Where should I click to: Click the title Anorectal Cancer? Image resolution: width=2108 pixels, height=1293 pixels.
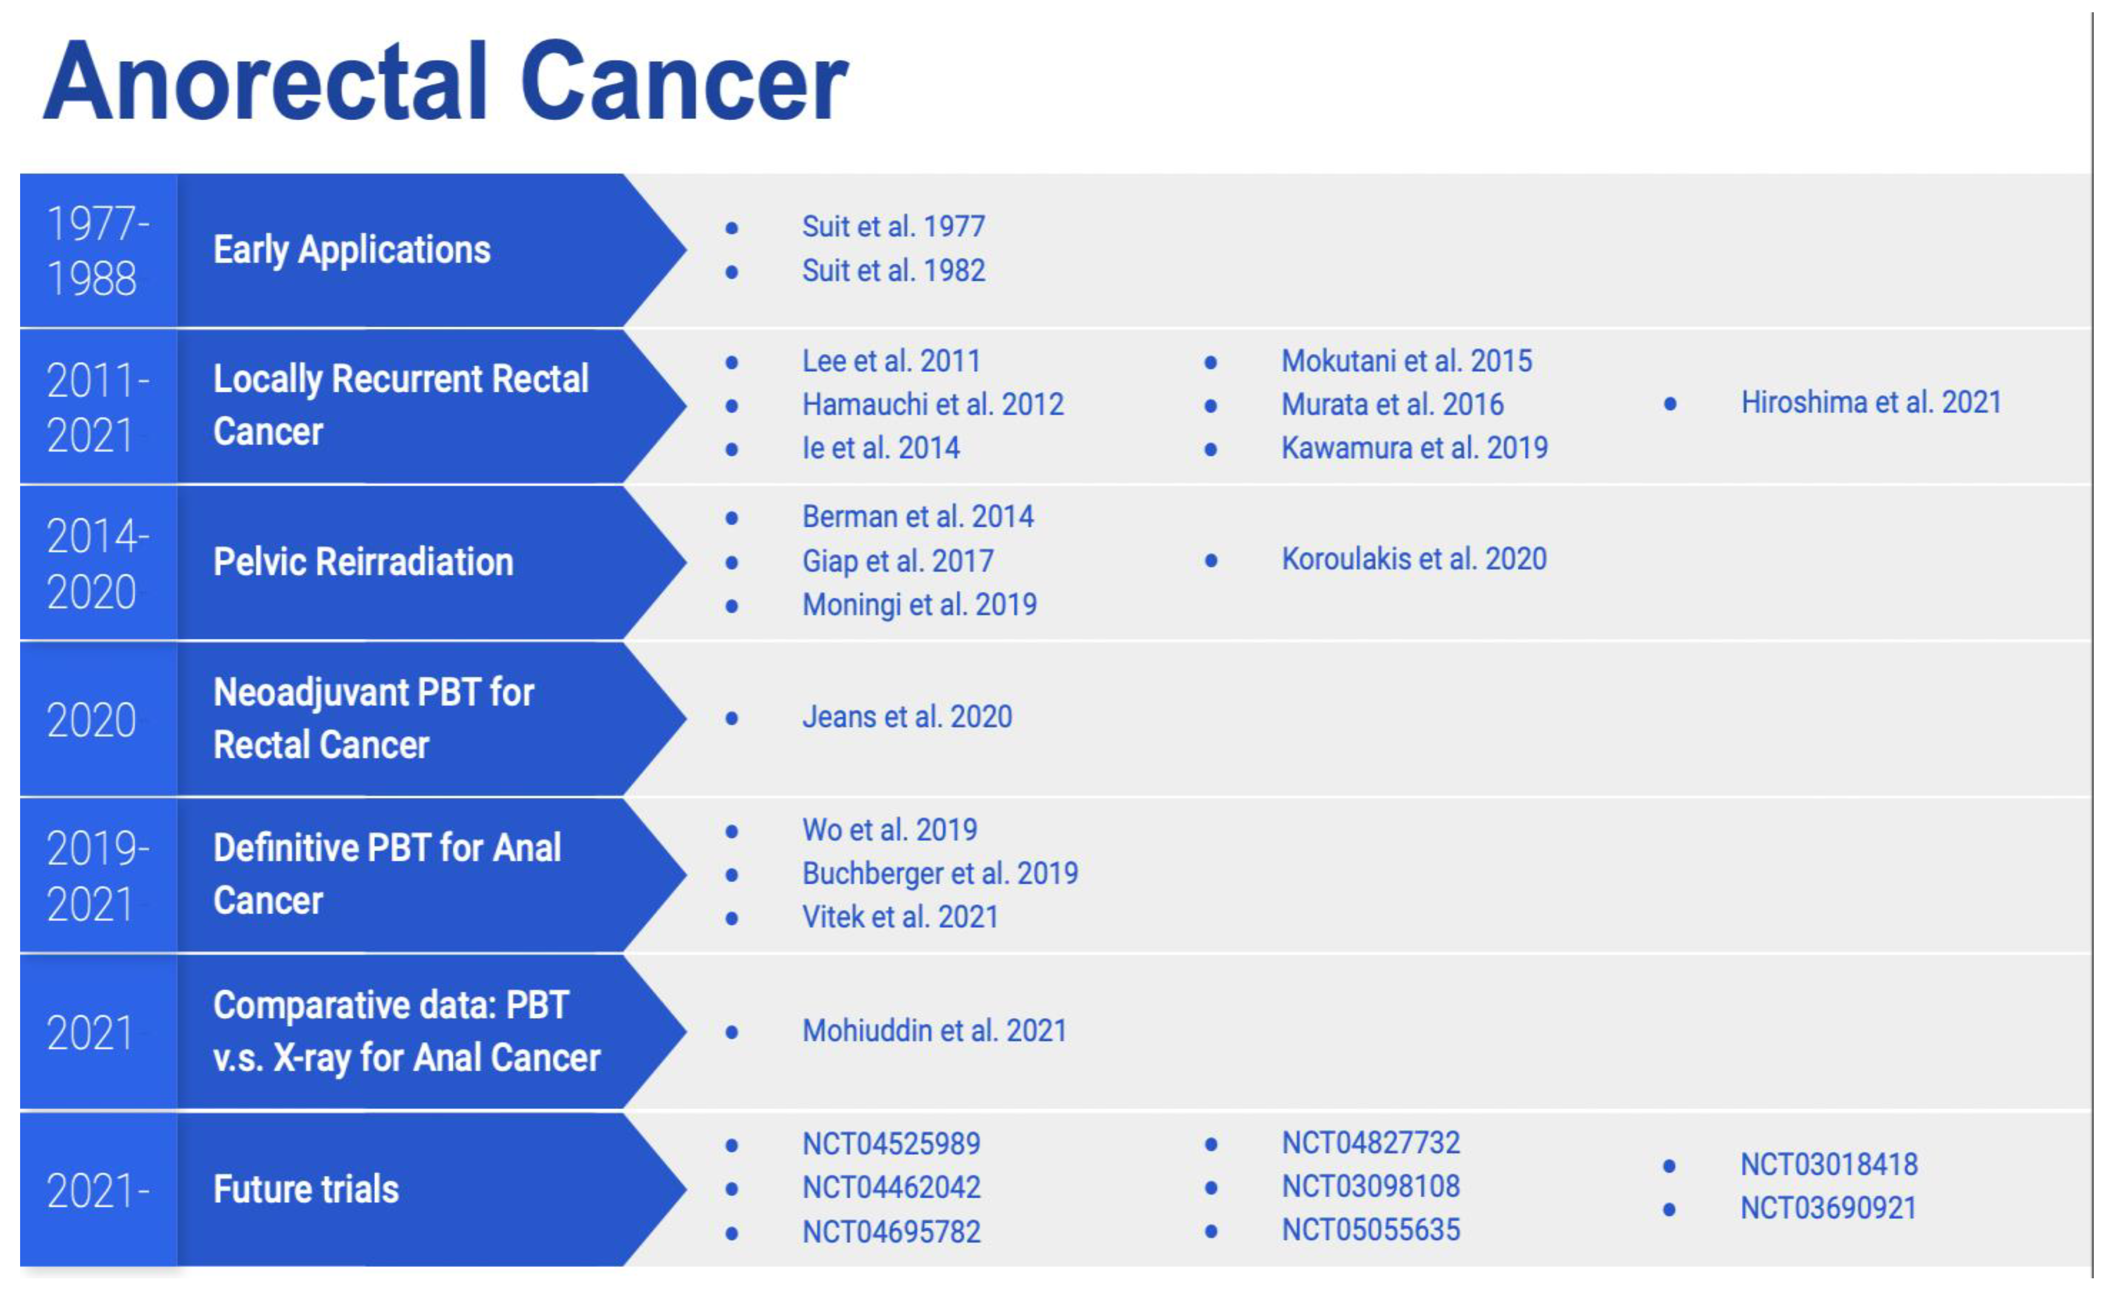(445, 83)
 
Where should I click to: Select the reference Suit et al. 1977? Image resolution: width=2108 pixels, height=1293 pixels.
(893, 227)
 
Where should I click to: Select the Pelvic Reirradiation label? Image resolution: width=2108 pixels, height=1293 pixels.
(363, 562)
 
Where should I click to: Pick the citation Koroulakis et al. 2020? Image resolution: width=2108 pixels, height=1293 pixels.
(1413, 559)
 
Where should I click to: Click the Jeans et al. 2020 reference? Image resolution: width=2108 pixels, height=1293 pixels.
(907, 717)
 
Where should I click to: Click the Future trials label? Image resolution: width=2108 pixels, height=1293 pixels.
(305, 1190)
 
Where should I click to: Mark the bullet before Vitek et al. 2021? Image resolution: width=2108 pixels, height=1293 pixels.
(732, 919)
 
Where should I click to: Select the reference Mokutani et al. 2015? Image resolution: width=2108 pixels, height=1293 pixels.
(1406, 361)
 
